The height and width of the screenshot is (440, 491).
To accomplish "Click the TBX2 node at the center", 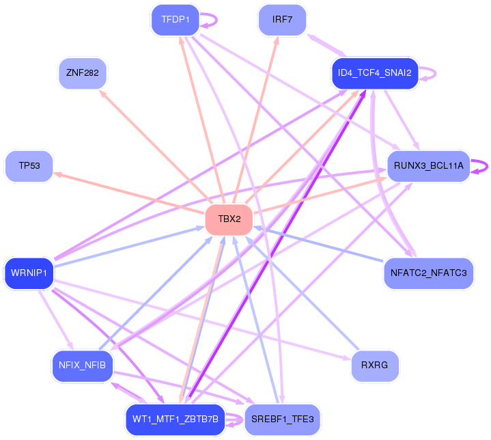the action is (x=229, y=219).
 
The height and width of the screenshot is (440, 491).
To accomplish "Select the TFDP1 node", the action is (x=176, y=20).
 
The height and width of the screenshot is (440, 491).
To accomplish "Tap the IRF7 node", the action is (x=282, y=20).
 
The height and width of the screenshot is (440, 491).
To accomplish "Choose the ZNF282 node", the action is (x=83, y=73).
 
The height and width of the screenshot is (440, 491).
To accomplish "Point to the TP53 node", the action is (x=29, y=166).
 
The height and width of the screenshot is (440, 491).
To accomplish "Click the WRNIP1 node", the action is (x=29, y=273).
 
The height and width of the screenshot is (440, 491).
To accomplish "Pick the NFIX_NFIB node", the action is (x=83, y=366).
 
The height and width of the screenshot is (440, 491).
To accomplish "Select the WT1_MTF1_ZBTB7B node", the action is (x=176, y=420).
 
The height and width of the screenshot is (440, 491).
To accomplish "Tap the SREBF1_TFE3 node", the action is (x=283, y=420).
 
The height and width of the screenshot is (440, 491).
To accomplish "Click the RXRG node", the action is (x=375, y=366).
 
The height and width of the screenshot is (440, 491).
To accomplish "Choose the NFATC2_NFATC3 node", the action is (x=428, y=273).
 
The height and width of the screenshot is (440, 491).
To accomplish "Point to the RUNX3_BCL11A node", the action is (x=429, y=166).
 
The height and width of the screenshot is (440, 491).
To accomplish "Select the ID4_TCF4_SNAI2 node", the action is (x=375, y=73).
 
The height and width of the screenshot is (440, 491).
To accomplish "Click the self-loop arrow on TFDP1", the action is (x=216, y=20).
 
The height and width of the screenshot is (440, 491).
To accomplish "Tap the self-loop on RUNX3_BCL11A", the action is (x=487, y=167).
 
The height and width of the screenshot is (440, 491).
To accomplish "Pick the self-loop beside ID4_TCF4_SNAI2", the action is (x=435, y=74).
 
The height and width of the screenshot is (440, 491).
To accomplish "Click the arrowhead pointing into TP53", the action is (x=57, y=174).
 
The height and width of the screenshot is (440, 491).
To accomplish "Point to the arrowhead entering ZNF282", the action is (x=102, y=93).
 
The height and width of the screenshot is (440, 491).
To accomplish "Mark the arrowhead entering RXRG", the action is (x=347, y=358).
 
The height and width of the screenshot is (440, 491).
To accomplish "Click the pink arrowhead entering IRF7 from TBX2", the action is (x=277, y=40).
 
